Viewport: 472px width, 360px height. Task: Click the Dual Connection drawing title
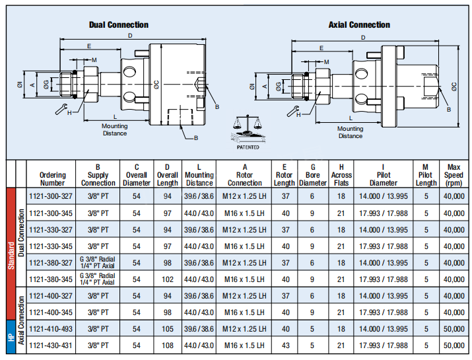click(119, 25)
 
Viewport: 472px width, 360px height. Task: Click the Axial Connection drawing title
click(359, 25)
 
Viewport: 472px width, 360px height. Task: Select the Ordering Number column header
click(53, 174)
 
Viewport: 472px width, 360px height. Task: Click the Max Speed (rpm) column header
click(454, 174)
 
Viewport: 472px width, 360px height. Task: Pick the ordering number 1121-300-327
click(53, 196)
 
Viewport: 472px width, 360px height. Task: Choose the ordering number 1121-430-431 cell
click(53, 345)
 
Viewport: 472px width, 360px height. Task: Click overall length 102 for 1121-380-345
click(168, 279)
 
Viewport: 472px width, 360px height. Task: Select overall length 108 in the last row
click(168, 345)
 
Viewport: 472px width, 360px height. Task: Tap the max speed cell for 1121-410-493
click(454, 328)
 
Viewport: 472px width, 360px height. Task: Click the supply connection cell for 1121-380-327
click(98, 262)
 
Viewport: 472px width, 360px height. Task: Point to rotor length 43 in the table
click(284, 345)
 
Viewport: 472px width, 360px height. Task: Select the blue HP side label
click(11, 337)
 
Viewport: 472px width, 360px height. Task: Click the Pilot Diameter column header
click(384, 174)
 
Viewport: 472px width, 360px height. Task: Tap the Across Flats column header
click(341, 174)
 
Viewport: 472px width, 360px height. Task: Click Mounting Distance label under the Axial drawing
click(351, 132)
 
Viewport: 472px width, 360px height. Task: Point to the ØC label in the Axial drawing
click(455, 87)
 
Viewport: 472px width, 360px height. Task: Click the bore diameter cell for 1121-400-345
click(313, 312)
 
